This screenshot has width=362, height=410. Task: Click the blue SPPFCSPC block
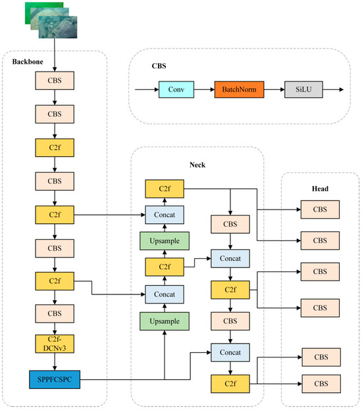coord(55,380)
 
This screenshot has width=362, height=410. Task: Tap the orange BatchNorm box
coord(238,87)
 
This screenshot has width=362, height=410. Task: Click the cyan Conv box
coord(176,87)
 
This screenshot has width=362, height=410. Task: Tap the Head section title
coord(320,188)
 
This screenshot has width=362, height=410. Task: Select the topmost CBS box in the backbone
coord(55,80)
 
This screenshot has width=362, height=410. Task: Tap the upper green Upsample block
coord(164,240)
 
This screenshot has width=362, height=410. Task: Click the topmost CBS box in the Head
coord(320,210)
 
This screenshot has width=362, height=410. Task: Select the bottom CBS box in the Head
coord(320,383)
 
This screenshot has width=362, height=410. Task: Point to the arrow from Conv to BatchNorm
coord(205,87)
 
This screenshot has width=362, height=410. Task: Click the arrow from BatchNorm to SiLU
coord(274,87)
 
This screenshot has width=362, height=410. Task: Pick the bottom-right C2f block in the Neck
coord(229,383)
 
